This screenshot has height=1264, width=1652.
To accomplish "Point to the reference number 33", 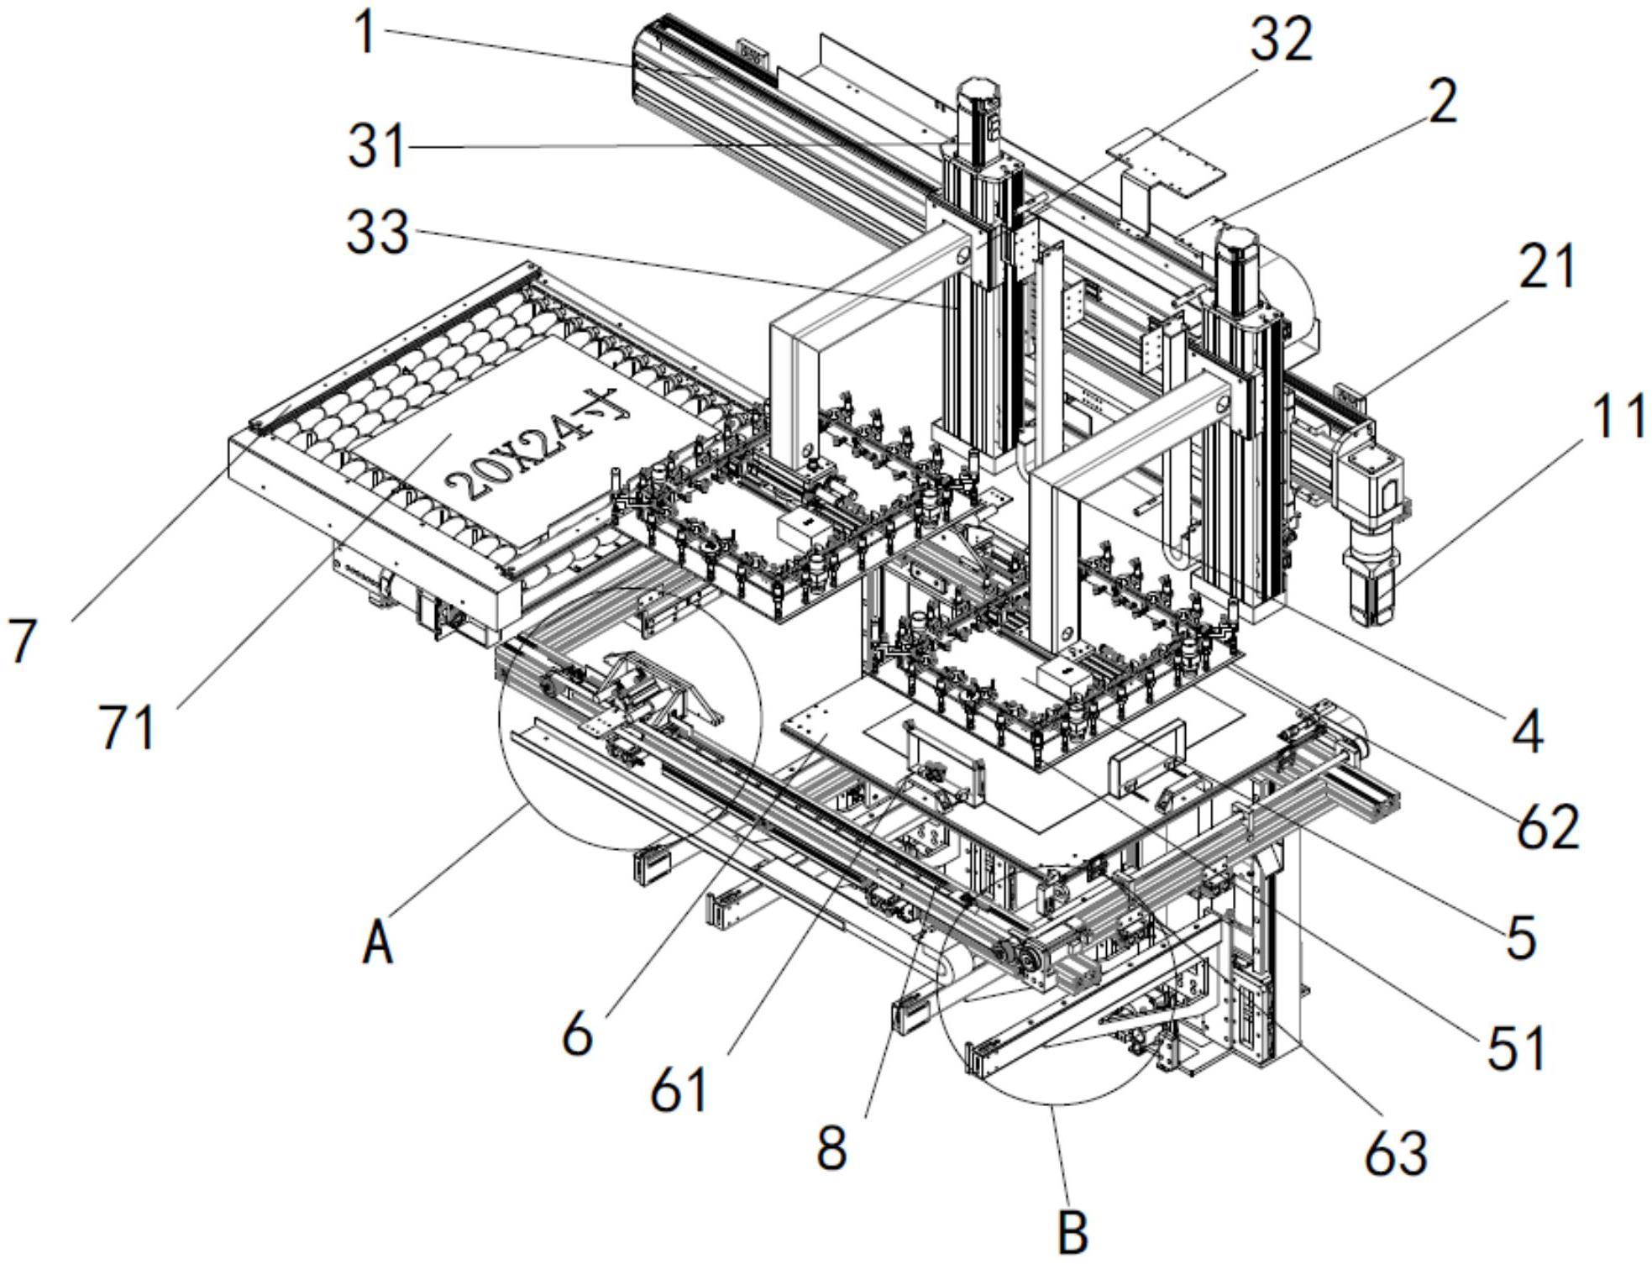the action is tap(378, 233).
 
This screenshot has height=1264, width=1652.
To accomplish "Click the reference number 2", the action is tap(1442, 103).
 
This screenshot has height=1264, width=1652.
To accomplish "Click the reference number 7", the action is tap(23, 641).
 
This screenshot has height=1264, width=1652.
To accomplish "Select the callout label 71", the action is tap(128, 726).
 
